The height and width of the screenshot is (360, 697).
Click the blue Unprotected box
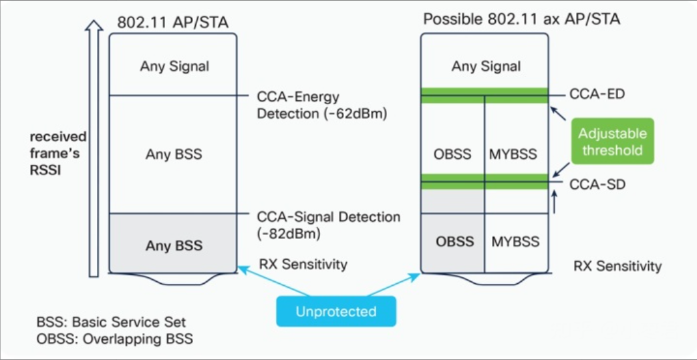pos(336,311)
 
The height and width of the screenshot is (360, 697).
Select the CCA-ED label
pos(597,94)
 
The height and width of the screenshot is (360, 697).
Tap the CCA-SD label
pos(597,184)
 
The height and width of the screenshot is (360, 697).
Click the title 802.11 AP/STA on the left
pos(173,23)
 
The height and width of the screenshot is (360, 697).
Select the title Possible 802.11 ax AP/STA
pos(521,19)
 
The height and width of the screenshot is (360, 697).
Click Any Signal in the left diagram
pos(174,66)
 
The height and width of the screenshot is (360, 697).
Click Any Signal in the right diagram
pos(486,66)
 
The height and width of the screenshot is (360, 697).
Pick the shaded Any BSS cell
pos(174,246)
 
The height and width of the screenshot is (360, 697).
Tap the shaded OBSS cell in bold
pos(454,240)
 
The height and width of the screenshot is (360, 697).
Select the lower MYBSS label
pos(515,240)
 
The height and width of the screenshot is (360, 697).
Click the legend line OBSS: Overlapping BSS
pos(115,339)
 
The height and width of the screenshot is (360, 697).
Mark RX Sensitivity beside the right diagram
pos(617,266)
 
